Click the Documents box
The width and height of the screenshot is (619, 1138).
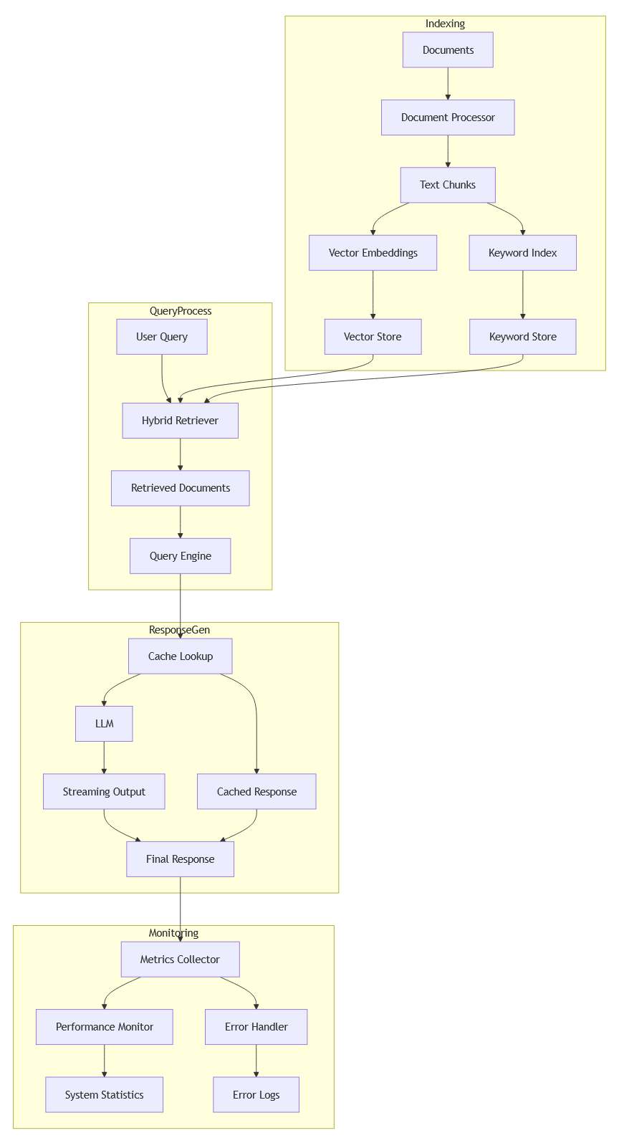click(448, 50)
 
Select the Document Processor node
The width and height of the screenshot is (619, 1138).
click(448, 118)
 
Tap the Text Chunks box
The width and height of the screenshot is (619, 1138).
click(448, 185)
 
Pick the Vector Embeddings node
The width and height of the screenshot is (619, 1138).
click(373, 253)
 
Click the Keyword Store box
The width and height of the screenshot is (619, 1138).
click(522, 337)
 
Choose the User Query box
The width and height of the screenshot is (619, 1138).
click(162, 337)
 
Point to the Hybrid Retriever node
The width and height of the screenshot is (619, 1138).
click(180, 421)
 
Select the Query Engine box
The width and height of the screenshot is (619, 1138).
click(180, 556)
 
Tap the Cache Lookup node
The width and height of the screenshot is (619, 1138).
click(180, 656)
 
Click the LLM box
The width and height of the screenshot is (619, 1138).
click(104, 724)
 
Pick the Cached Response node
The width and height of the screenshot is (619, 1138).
click(256, 792)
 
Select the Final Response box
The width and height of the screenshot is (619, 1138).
click(180, 859)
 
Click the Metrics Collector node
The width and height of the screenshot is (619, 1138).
click(180, 960)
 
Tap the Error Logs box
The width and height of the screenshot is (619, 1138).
click(256, 1095)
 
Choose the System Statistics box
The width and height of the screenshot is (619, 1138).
click(104, 1095)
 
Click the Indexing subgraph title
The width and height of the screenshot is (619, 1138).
click(445, 24)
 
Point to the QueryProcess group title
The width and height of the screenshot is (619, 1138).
click(181, 311)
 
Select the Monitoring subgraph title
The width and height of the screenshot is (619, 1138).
click(173, 933)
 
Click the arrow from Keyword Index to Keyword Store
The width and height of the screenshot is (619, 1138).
click(522, 295)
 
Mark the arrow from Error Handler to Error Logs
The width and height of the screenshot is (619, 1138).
click(256, 1061)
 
